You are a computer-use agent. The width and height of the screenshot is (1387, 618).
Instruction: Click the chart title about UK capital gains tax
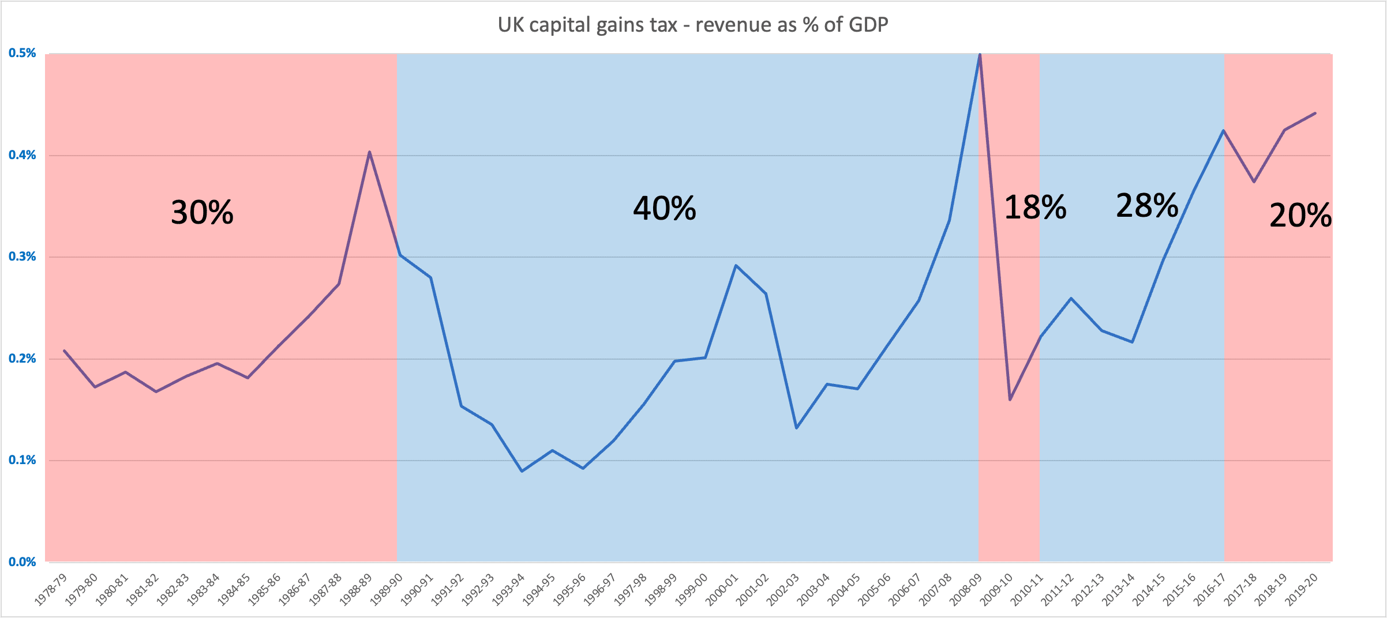tap(693, 25)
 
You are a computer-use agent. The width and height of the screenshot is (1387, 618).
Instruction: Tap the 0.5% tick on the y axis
tap(22, 54)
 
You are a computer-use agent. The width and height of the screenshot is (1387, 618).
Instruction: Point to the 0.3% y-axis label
tap(22, 257)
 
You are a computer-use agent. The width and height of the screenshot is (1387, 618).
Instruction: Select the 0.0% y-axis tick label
tap(22, 562)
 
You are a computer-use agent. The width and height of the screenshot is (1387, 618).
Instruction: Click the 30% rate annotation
tap(202, 212)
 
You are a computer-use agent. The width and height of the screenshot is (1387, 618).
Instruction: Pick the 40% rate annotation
tap(664, 208)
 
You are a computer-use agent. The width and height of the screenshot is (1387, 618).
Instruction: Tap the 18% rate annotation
tap(1035, 207)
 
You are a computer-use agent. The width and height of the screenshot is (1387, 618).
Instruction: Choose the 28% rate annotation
tap(1147, 205)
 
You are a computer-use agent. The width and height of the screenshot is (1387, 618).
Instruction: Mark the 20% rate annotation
tap(1300, 216)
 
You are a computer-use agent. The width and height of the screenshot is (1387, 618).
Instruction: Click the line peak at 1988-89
tap(369, 152)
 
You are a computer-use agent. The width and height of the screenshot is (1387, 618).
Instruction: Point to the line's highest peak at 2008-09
tap(980, 55)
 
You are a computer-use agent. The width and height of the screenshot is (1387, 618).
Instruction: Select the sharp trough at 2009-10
tap(1010, 400)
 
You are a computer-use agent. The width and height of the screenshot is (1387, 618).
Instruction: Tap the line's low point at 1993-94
tap(522, 471)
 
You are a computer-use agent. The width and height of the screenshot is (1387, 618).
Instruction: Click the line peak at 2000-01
tap(736, 265)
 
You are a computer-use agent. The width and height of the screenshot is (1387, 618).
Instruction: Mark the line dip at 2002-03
tap(796, 428)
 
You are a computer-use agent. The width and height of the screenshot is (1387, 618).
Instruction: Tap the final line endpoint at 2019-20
tap(1315, 113)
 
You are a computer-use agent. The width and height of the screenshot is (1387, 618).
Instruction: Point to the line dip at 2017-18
tap(1254, 182)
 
